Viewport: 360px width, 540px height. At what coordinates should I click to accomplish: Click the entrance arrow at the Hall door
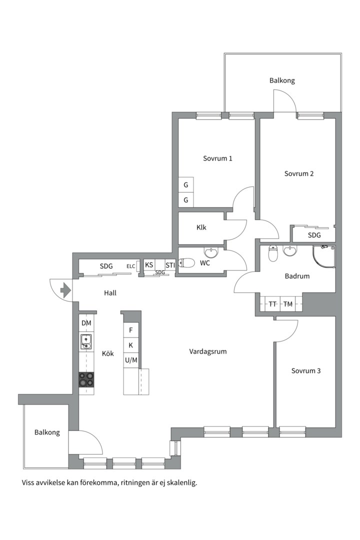(65, 290)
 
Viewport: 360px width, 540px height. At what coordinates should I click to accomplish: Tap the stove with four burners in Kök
(86, 379)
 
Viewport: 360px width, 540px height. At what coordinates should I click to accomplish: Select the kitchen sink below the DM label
(86, 341)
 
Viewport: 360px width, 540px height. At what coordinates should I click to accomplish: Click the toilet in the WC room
(186, 263)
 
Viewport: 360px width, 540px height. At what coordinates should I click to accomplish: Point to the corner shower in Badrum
(323, 256)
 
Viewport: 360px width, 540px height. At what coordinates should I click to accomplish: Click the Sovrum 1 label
(217, 158)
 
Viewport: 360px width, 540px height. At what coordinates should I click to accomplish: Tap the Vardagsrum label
(207, 351)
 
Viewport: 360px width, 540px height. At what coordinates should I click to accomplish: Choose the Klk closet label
(201, 227)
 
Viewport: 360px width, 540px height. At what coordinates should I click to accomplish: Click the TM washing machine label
(288, 304)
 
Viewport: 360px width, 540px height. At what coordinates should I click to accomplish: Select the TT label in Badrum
(272, 304)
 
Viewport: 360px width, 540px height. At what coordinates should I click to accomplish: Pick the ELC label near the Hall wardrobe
(130, 266)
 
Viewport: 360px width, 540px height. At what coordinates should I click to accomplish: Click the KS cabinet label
(149, 265)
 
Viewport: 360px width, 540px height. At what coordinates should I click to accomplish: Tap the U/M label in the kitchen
(131, 360)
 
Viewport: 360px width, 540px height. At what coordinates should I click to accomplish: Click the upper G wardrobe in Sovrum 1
(185, 185)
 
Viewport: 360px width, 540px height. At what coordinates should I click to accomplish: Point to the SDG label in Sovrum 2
(314, 235)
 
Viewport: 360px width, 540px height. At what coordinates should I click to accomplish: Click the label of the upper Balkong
(282, 80)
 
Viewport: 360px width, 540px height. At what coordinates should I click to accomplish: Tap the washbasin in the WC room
(211, 252)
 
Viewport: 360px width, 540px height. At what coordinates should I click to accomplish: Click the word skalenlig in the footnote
(183, 483)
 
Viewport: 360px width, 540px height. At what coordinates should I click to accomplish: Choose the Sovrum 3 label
(306, 371)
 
